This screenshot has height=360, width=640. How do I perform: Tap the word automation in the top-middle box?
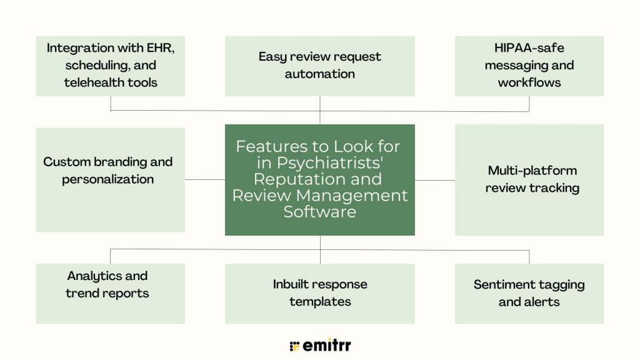click(x=319, y=74)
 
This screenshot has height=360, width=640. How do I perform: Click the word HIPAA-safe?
click(x=529, y=47)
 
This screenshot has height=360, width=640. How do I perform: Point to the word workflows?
click(x=529, y=82)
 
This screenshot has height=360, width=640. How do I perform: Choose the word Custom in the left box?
click(x=66, y=162)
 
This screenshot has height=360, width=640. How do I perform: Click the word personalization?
click(x=107, y=179)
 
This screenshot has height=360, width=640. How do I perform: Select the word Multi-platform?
click(x=532, y=171)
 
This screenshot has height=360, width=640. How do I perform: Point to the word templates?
click(x=319, y=302)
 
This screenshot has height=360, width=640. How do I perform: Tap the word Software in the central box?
click(x=320, y=212)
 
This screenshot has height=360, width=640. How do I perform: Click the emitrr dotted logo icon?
click(x=295, y=346)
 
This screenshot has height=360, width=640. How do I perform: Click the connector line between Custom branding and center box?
click(x=204, y=179)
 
